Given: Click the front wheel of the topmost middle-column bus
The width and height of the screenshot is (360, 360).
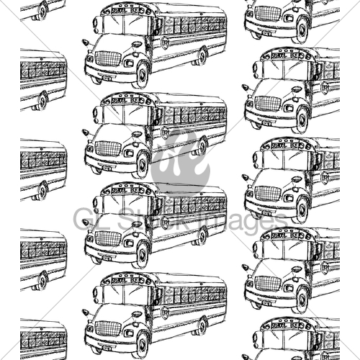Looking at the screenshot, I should [141, 73].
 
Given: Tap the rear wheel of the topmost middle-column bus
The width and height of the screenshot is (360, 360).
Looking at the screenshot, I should [203, 55].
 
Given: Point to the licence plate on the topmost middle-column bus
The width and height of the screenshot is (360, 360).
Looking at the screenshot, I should [107, 76].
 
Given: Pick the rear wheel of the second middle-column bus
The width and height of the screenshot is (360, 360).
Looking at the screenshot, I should [203, 145].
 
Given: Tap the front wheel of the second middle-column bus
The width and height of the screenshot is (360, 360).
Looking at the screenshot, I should [141, 163].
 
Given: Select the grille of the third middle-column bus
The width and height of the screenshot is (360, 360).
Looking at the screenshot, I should [108, 238].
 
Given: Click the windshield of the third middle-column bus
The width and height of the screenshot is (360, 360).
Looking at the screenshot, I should [124, 204].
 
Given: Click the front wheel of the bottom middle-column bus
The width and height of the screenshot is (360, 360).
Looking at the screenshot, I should [141, 343].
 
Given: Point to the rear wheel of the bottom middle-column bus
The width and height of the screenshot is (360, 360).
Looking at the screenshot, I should [203, 325].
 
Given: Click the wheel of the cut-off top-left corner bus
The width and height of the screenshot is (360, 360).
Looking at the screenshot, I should [42, 10].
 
